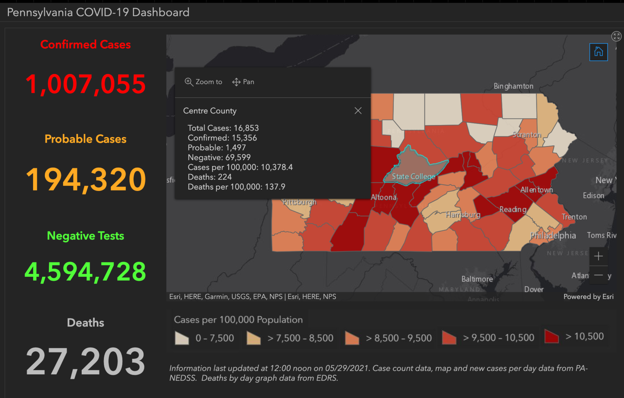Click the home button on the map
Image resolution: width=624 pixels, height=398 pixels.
click(x=598, y=52)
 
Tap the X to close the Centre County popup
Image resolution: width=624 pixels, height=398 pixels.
click(x=358, y=111)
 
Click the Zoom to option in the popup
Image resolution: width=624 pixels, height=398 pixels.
click(x=203, y=82)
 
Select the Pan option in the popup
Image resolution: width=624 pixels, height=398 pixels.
click(x=243, y=82)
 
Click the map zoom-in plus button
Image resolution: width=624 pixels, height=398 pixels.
click(x=598, y=256)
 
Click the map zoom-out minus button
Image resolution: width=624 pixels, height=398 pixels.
click(x=598, y=275)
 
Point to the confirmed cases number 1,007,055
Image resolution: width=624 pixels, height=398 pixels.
click(x=85, y=84)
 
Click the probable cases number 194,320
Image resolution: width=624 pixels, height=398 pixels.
click(x=85, y=179)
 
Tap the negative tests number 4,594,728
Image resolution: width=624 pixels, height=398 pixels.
click(x=85, y=272)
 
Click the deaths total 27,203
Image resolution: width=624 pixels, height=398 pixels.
click(x=85, y=362)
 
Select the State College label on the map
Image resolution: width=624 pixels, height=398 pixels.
click(x=413, y=177)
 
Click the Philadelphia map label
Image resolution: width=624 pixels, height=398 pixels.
click(x=553, y=235)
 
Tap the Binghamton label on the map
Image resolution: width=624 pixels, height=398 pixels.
click(x=513, y=86)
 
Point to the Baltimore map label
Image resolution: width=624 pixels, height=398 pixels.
click(x=477, y=279)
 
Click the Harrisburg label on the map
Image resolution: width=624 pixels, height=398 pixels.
click(x=463, y=214)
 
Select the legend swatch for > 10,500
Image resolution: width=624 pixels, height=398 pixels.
click(x=551, y=336)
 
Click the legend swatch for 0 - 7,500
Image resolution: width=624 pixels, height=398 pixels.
click(x=182, y=338)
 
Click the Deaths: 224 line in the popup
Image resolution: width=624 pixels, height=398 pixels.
click(x=210, y=177)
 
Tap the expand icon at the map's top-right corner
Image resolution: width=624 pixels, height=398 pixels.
click(x=616, y=36)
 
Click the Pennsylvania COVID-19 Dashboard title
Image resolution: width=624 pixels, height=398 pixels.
click(x=98, y=13)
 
